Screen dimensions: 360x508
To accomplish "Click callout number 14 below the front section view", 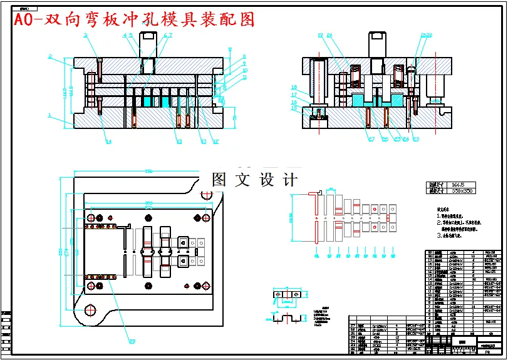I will coord(108,142).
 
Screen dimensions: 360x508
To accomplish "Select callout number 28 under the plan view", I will coord(132,341).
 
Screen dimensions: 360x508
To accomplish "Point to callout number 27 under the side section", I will coord(371,138).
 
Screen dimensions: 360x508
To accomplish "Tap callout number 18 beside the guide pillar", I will coord(293,87).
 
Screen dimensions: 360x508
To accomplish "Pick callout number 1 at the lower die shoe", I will coord(49,115).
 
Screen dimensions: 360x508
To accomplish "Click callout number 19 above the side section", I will coord(319,35).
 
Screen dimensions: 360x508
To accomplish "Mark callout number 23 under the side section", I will coord(416,138).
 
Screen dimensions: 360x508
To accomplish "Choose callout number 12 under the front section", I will coord(215,141).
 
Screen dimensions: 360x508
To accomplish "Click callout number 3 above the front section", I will coord(83,36).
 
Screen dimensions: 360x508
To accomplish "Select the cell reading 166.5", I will coord(459,185).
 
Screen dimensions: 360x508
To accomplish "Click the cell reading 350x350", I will coord(463,191).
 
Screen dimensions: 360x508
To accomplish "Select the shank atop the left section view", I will coord(149,44).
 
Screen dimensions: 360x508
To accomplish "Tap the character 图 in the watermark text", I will coord(219,180).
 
